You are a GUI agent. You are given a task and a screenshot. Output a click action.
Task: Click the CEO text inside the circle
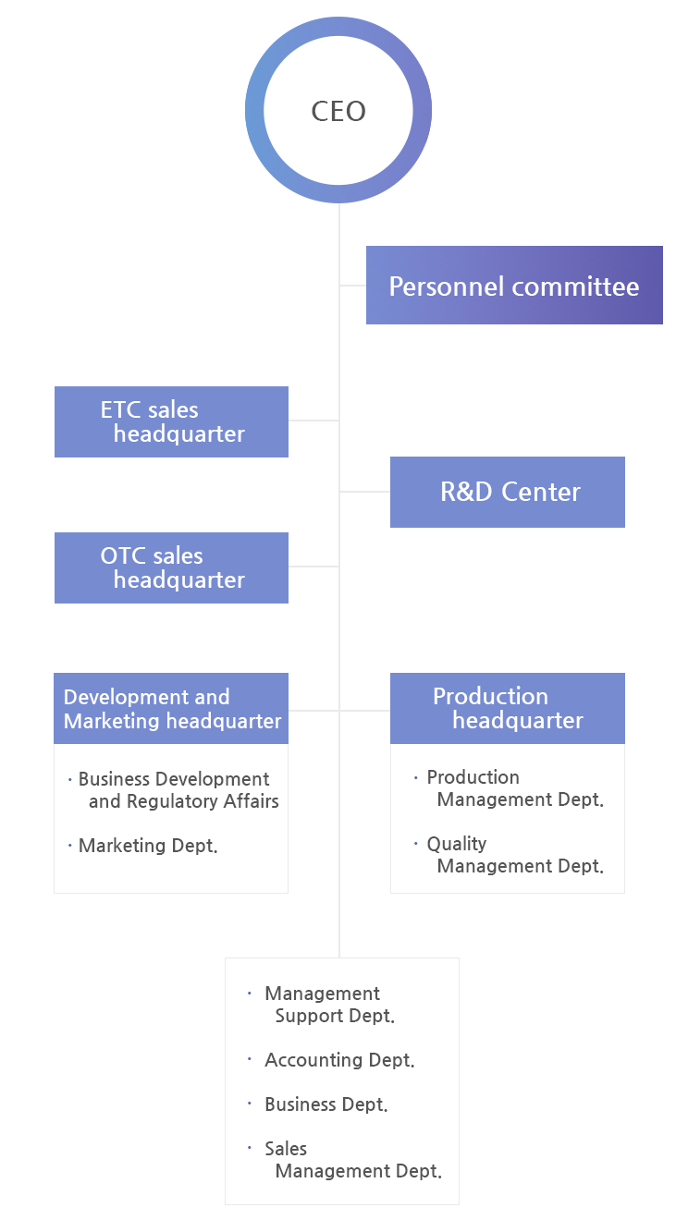338,111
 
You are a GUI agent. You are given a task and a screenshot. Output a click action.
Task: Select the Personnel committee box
514,285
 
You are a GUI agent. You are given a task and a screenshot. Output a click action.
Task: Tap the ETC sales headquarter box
171,421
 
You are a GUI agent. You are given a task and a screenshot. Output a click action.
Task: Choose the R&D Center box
508,492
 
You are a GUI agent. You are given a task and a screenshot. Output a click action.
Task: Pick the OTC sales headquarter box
171,567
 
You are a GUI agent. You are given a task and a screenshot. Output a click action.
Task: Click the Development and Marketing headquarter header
171,708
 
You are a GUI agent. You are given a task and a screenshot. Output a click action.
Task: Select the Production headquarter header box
508,708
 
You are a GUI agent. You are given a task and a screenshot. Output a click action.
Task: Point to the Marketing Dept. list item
148,846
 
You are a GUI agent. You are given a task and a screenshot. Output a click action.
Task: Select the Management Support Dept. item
330,1005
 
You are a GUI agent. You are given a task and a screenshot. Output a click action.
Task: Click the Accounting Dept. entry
339,1060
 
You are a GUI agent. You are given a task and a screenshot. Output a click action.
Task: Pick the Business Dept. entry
326,1104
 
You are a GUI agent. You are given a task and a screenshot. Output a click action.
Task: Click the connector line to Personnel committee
353,286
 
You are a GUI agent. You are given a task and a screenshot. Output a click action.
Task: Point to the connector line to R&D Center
365,492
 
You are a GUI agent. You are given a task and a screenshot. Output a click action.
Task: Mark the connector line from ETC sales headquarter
313,421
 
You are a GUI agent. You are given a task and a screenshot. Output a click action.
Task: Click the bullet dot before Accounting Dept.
250,1059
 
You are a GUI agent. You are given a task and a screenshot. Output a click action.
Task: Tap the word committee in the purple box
576,286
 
